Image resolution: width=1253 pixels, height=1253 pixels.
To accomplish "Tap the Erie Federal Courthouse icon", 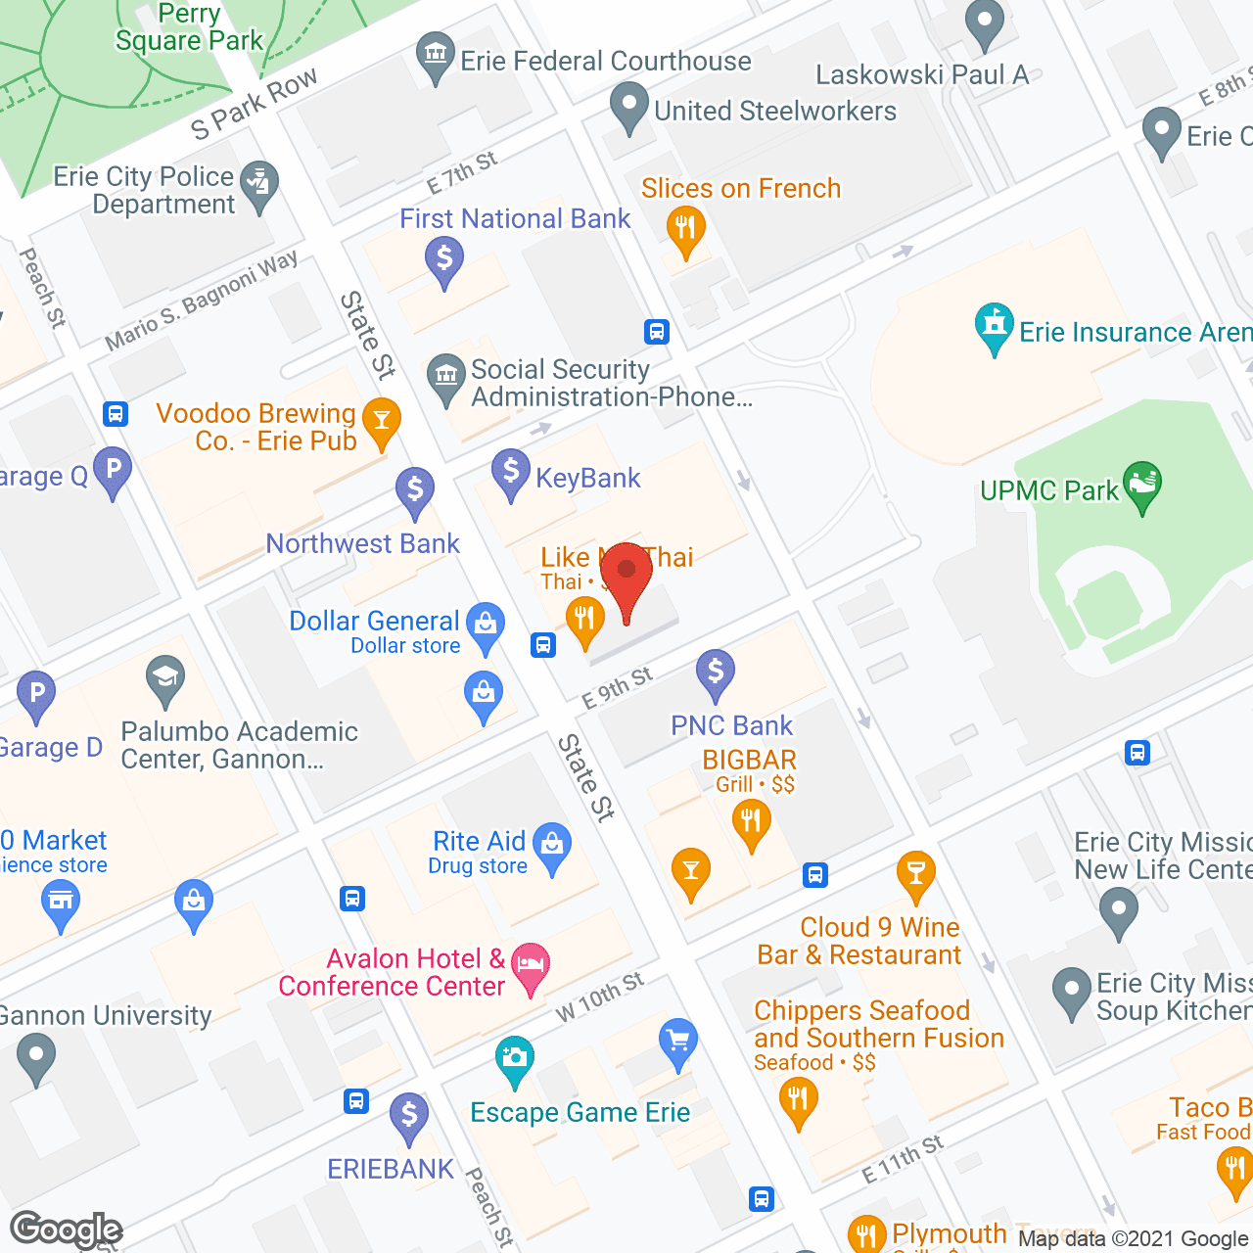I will pos(433,55).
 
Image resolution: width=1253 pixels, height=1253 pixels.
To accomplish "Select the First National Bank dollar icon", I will pos(444,259).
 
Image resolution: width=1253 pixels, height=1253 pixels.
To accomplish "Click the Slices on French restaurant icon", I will pos(685,229).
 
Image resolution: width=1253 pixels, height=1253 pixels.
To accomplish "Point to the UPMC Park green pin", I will pos(1142,484).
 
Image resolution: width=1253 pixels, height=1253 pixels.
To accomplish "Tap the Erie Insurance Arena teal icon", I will pos(994,325).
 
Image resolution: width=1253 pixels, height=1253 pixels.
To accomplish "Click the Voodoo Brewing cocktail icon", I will pos(381,421).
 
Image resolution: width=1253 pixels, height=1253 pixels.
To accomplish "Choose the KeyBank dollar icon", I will pos(510,471).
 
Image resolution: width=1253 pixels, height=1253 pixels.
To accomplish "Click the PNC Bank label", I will pos(731,725).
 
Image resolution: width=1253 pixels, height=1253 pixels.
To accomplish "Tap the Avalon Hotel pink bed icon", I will pos(530,964).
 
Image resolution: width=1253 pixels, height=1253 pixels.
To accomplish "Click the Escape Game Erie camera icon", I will pos(514,1058).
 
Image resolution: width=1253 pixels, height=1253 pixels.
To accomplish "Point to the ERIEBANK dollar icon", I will pos(408,1115).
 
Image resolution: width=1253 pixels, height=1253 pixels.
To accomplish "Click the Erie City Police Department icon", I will pos(259,183).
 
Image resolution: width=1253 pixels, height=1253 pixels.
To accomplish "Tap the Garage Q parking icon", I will pos(113,469).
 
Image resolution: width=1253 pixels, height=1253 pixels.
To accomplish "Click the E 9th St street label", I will pos(617,687).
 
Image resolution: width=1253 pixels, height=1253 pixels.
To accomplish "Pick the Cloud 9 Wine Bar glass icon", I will pos(915,873).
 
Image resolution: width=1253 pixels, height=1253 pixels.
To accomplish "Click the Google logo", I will pos(66,1230).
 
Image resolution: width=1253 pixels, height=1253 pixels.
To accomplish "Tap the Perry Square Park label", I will pos(189,27).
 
